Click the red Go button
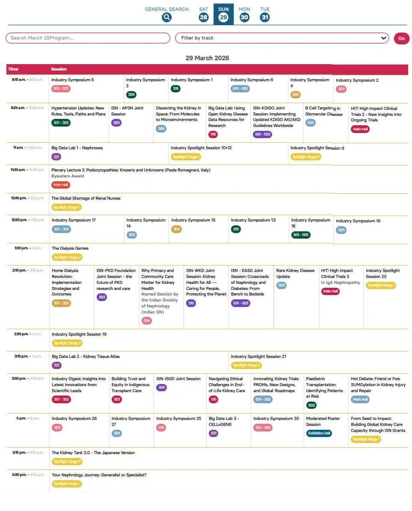coord(401,38)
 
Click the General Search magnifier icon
coord(166,17)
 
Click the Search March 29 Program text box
coord(88,38)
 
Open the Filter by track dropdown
coord(282,38)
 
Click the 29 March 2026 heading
coord(207,58)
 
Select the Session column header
coord(59,69)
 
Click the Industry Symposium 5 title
coord(72,80)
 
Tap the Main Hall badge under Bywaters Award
coord(61,185)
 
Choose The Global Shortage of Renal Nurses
coord(86,198)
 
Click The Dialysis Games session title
coord(70,248)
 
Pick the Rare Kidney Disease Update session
coord(295,273)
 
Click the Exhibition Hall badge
coord(319,433)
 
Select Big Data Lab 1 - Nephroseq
coord(77,148)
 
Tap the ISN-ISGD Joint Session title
coord(178,379)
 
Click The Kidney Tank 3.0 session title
coord(93,453)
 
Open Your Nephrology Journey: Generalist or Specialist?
coord(99,475)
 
